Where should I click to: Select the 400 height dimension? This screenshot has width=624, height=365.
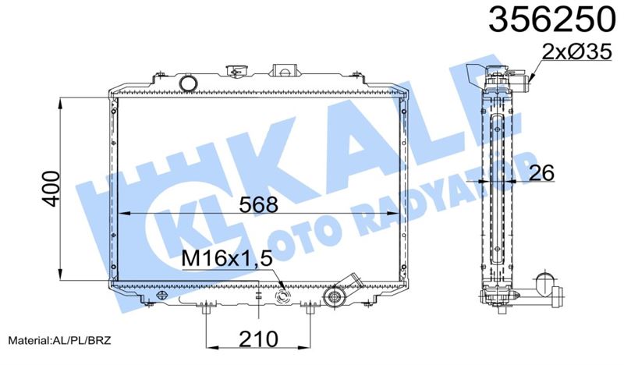[x=49, y=187]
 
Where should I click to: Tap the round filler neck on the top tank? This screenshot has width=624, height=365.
[x=187, y=82]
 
